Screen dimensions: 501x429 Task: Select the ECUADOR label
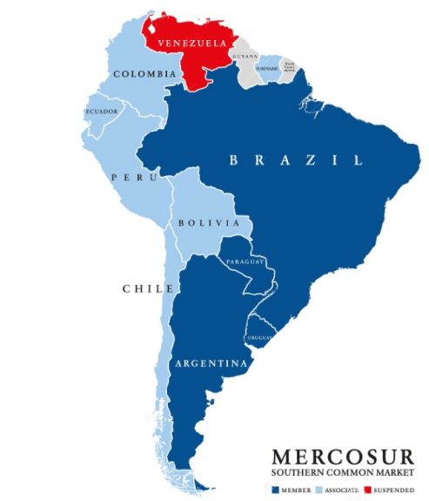point(101,112)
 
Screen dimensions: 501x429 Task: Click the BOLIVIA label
point(208,223)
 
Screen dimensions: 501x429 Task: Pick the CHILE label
point(143,288)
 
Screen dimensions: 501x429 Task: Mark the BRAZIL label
point(295,159)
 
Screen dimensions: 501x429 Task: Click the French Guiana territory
point(289,69)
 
